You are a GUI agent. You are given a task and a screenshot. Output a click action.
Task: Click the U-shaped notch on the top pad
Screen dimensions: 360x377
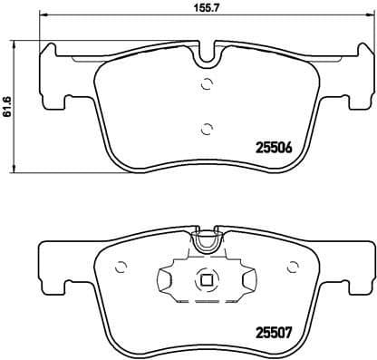[x=208, y=54]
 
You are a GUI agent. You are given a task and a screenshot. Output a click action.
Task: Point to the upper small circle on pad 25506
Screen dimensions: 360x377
[x=207, y=85]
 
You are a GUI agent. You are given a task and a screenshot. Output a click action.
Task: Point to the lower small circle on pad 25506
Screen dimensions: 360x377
[x=207, y=127]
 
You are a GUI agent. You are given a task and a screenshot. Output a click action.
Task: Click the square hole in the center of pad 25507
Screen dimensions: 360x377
[x=207, y=280]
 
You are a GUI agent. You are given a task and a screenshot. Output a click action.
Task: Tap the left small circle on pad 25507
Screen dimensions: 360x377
[x=120, y=267]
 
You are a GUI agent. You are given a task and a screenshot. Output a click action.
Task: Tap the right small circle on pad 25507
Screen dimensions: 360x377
[x=291, y=267]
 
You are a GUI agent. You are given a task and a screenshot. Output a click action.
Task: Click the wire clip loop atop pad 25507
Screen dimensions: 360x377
[x=208, y=242]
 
